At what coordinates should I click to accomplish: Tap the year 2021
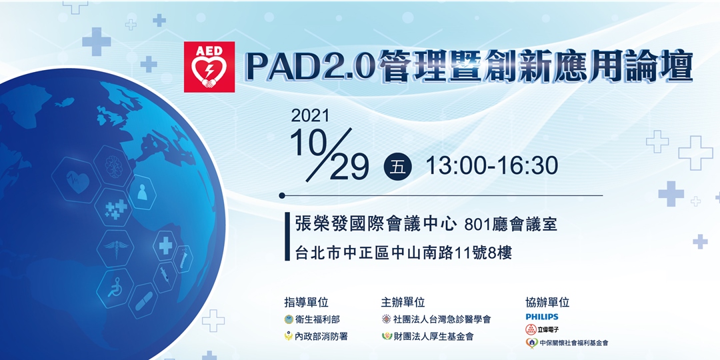pos(311,115)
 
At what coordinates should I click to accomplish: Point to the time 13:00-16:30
pos(492,165)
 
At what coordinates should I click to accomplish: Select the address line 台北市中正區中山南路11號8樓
pos(403,253)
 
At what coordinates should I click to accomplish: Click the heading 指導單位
pos(306,302)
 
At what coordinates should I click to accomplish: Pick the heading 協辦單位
pos(547,302)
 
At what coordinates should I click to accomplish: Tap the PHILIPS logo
pos(542,317)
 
